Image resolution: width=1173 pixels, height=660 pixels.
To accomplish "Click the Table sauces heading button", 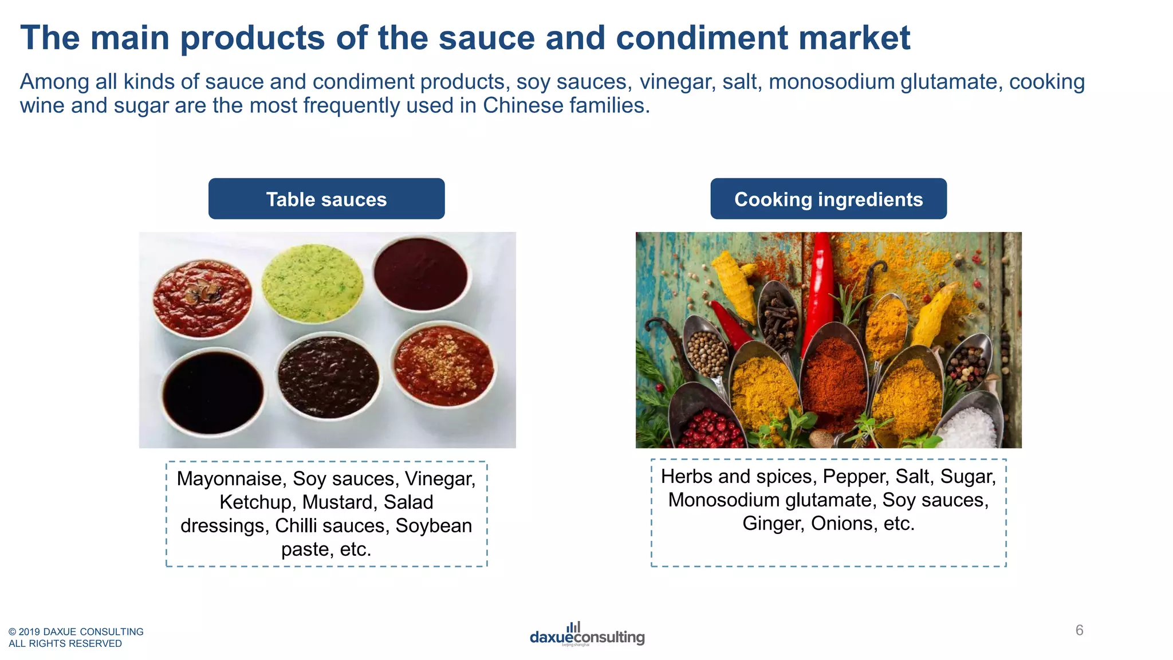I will [326, 199].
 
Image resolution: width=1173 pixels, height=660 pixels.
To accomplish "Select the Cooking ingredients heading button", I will [828, 199].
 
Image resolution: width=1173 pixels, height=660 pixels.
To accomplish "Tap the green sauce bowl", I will [312, 282].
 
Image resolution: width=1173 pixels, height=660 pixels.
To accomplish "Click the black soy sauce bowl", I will [212, 393].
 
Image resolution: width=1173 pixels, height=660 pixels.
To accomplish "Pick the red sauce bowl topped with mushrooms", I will [202, 297].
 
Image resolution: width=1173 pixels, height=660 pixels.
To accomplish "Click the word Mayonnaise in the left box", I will [231, 479].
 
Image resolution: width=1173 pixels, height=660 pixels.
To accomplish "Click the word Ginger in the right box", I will [773, 524].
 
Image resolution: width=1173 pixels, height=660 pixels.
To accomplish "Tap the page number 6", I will [1079, 630].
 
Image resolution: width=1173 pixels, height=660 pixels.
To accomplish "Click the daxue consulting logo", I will [587, 635].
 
